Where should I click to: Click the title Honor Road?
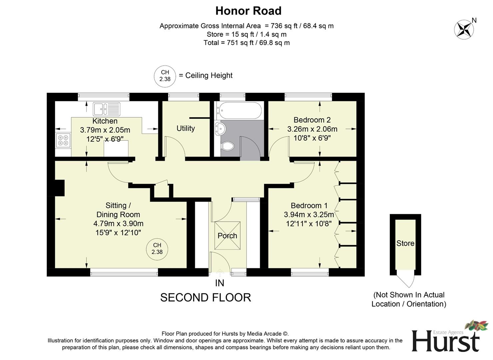248,11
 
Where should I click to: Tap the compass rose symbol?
464,29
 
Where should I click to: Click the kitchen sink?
106,109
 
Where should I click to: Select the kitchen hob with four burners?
63,140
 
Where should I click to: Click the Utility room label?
186,128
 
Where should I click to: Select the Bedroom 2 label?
312,120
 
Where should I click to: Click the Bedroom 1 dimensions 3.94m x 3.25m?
309,214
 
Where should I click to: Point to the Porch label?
227,236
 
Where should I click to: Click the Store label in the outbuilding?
405,243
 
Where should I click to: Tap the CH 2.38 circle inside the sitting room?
157,249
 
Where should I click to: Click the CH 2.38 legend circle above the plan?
165,76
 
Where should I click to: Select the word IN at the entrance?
220,283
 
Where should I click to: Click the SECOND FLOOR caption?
206,297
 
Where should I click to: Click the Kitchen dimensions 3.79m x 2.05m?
105,130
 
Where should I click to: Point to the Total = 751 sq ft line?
246,43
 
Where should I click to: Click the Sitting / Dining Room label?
118,210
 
